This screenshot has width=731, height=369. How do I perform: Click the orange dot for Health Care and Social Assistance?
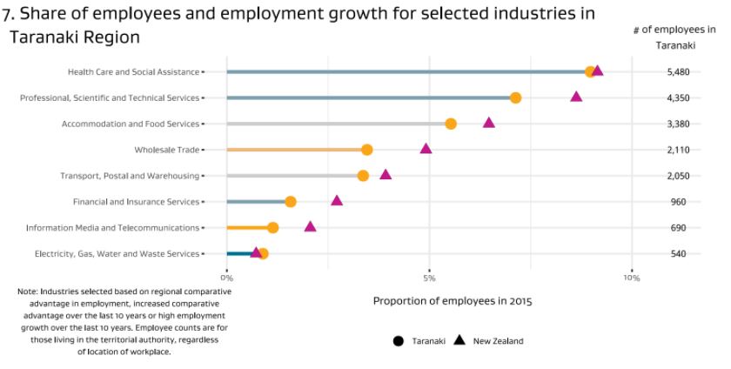click(x=591, y=71)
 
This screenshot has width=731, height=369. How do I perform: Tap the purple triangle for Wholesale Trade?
click(x=426, y=149)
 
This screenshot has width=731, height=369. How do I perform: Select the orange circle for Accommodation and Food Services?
click(x=451, y=124)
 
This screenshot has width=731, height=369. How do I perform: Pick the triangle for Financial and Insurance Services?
click(x=337, y=201)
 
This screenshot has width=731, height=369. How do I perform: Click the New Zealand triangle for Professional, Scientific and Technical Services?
click(x=576, y=97)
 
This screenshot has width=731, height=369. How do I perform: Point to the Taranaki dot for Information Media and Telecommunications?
click(x=273, y=228)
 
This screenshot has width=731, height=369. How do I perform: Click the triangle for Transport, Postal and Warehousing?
click(x=386, y=175)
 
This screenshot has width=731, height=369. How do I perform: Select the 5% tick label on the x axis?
click(x=429, y=278)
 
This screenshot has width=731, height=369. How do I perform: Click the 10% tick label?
click(x=632, y=278)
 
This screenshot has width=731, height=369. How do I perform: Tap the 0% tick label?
click(x=227, y=278)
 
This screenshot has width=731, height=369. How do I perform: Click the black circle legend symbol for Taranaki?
click(x=399, y=341)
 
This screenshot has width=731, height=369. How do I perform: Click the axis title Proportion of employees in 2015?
click(x=453, y=301)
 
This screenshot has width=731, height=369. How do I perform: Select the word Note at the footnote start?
click(x=26, y=292)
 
